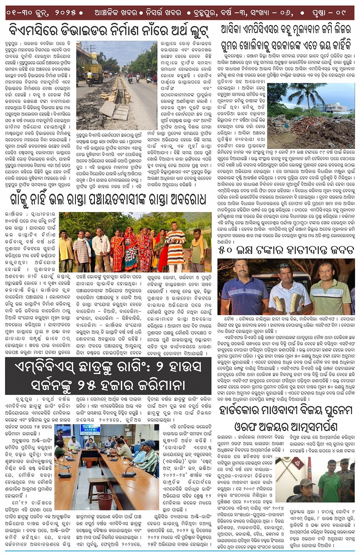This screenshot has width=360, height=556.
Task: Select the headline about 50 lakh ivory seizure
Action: (x=286, y=250)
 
